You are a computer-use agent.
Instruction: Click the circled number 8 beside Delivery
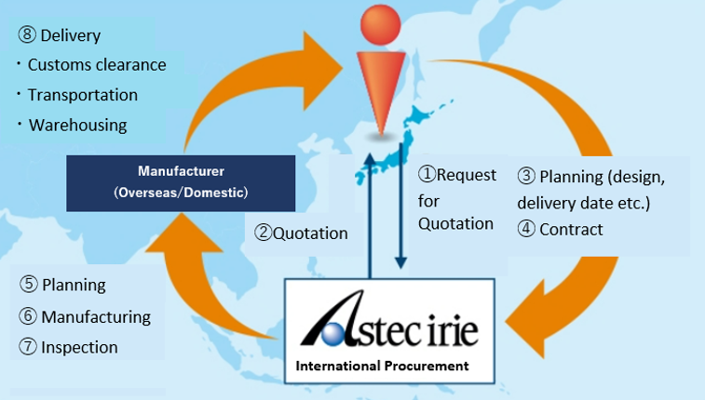[27, 34]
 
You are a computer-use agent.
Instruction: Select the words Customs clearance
[97, 64]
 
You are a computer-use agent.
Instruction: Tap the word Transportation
[83, 95]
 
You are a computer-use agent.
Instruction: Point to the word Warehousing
[78, 125]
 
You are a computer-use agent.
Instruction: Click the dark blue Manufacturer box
[181, 183]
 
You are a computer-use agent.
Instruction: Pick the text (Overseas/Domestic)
[181, 193]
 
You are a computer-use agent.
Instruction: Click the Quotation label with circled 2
[301, 233]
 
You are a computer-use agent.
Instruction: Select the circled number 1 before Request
[427, 174]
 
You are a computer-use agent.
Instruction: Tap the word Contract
[571, 230]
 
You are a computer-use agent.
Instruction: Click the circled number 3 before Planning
[526, 176]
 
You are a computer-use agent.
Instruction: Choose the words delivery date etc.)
[584, 203]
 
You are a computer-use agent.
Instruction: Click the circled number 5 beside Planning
[29, 284]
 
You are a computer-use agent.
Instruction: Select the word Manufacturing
[96, 317]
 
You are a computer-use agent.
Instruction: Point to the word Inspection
[79, 347]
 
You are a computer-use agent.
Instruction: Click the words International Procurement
[382, 366]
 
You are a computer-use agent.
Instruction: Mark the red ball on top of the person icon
[380, 25]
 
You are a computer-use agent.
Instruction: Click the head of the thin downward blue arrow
[400, 262]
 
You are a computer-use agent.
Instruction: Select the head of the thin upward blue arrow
[370, 158]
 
